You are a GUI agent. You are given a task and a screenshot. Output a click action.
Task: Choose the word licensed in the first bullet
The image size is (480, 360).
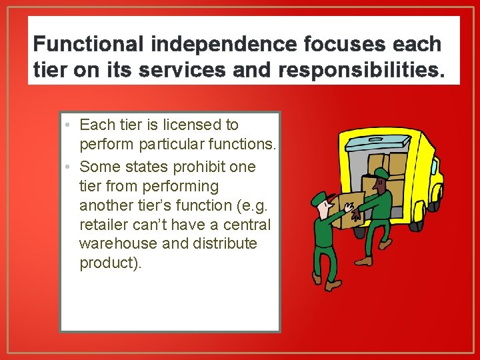click(x=187, y=125)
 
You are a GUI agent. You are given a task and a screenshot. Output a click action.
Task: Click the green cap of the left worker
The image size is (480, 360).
click(x=320, y=197)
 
